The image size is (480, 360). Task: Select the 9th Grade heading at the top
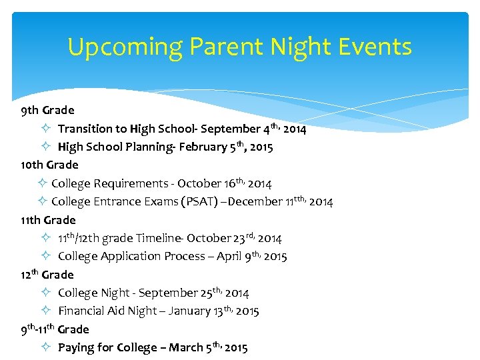pos(47,110)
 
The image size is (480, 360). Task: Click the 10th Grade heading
pos(49,165)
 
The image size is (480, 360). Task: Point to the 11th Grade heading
pos(48,219)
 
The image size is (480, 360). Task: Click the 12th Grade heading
pos(47,274)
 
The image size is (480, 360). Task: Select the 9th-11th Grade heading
pos(55,329)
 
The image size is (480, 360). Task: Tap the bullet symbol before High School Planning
pos(44,147)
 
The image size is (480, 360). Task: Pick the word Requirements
pos(130,183)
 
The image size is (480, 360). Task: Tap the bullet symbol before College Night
pos(44,293)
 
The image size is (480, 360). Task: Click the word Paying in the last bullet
pos(76,347)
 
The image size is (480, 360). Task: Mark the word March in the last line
pos(187,347)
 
